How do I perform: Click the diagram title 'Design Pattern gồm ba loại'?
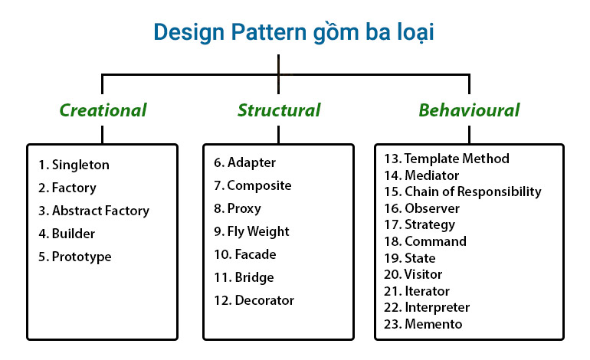coord(295,31)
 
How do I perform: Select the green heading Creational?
coord(103,110)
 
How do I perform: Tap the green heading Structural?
coord(279,110)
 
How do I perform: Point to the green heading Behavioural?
coord(469,110)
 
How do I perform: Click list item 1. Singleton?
coord(74,165)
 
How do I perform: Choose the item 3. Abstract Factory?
coord(93,211)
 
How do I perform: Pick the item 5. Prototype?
coord(74,257)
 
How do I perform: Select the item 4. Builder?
coord(67,234)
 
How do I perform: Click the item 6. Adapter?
coord(244,162)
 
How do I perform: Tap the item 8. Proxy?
coord(238,208)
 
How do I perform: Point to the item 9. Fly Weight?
coord(251,231)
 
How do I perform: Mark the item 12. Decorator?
coord(254,300)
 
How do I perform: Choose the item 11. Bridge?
coord(244,277)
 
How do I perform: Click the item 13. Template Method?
coord(447,159)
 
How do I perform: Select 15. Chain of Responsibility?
coord(463,191)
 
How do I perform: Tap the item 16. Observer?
coord(421,208)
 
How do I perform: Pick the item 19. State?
coord(409,258)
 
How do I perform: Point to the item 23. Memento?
coord(423,324)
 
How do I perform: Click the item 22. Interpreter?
coord(427,307)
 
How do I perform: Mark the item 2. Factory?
coord(67,188)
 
